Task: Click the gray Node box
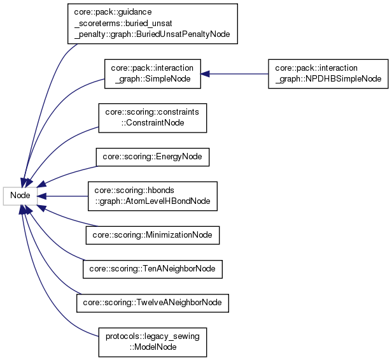click(20, 195)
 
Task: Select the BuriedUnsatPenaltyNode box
click(152, 24)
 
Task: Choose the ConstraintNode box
click(152, 117)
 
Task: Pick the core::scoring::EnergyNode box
click(152, 157)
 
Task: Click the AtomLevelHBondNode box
click(152, 196)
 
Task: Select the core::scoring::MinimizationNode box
click(153, 235)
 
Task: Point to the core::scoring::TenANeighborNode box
click(153, 270)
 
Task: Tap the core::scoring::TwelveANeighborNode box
click(152, 303)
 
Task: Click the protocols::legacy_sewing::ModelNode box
click(152, 341)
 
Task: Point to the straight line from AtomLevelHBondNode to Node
click(64, 196)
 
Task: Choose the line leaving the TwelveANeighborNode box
click(57, 280)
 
